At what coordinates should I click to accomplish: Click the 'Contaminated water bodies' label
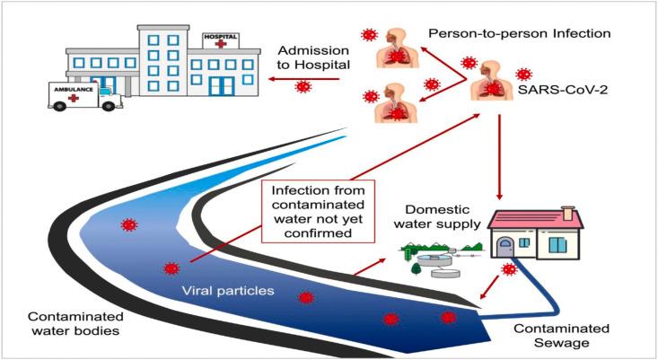pos(73,324)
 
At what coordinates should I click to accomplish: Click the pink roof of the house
pos(534,218)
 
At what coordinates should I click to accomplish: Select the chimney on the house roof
pos(567,212)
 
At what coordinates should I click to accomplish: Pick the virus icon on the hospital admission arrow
pos(303,86)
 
